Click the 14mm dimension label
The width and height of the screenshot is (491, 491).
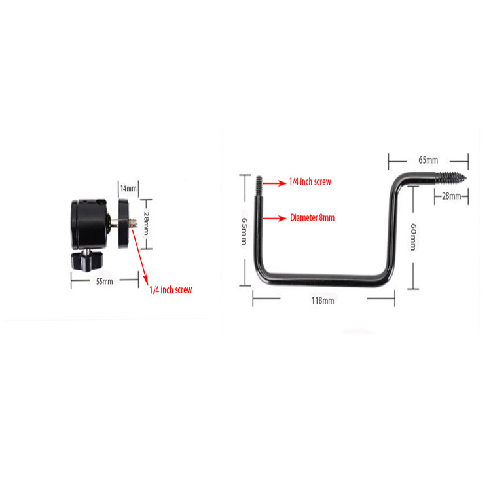[129, 189]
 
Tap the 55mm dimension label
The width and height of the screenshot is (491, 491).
[104, 282]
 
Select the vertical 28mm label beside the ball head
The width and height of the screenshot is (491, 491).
[146, 224]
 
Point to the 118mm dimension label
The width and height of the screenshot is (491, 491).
[323, 300]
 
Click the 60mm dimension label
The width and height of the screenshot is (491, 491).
[413, 237]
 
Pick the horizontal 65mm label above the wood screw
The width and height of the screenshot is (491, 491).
[428, 160]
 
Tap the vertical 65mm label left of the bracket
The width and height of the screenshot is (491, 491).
[244, 231]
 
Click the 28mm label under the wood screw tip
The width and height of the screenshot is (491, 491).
[451, 196]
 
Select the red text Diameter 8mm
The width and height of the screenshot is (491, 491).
[312, 217]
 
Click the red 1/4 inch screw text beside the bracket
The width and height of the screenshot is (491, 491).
[310, 181]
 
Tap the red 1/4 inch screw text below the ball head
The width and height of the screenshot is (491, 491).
[171, 289]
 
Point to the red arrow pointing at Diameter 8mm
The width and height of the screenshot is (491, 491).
[274, 218]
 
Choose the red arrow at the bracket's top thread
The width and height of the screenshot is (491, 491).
[274, 183]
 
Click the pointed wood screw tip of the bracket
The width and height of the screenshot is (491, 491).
[466, 178]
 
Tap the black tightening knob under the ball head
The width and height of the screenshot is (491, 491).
[86, 260]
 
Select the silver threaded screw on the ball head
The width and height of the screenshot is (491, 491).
[132, 223]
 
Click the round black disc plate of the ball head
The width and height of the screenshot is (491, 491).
[123, 224]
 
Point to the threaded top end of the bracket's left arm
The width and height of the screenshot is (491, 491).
[259, 186]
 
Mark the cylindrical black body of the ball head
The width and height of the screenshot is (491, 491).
[89, 224]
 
